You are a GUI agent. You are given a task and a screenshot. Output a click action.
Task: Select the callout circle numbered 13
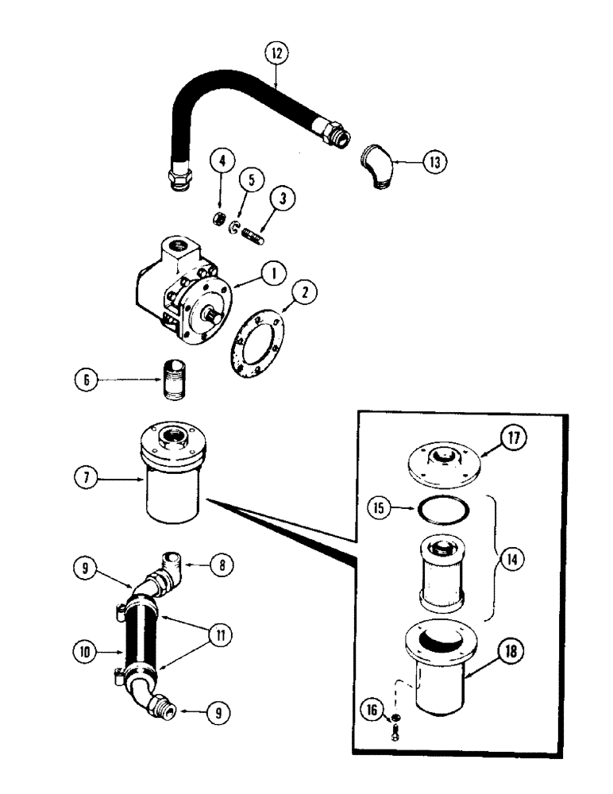[x=434, y=162]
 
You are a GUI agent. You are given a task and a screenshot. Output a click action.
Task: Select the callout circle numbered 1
[x=271, y=274]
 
